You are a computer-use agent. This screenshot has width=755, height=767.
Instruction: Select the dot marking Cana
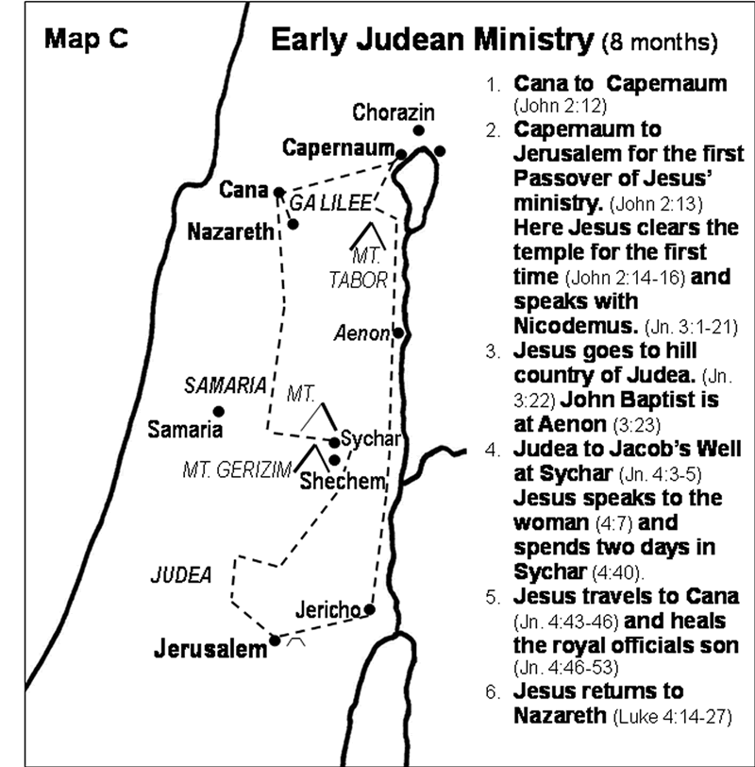pos(278,191)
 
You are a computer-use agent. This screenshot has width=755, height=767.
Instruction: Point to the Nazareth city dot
pos(294,225)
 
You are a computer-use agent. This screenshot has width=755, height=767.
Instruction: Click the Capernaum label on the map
pos(336,148)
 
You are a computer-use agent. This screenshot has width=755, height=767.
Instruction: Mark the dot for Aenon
pos(399,332)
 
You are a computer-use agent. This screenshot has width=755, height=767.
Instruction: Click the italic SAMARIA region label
pos(225,385)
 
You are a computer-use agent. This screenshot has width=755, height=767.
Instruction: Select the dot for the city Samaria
pos(218,411)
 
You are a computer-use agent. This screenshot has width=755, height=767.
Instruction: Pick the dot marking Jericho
pos(370,609)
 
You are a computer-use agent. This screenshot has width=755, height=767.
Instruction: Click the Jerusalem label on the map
pos(213,650)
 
